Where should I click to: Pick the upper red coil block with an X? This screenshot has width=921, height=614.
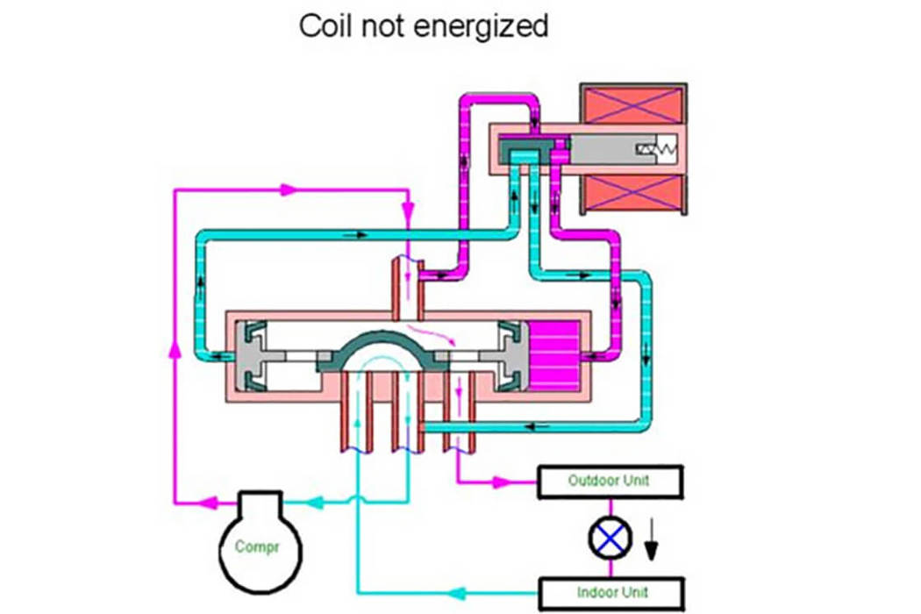pos(632,108)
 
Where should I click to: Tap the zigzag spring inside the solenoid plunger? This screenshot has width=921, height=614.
pos(656,151)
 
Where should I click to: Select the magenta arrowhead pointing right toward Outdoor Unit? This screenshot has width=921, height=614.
pos(502,482)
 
